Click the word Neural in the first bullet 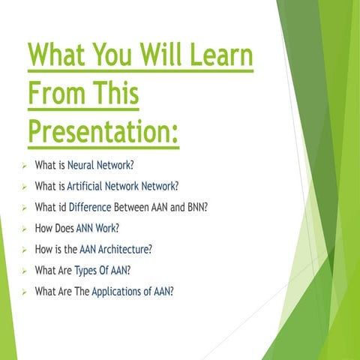(x=83, y=164)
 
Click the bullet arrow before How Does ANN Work (x=25, y=228)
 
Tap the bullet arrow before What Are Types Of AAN (x=25, y=270)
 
